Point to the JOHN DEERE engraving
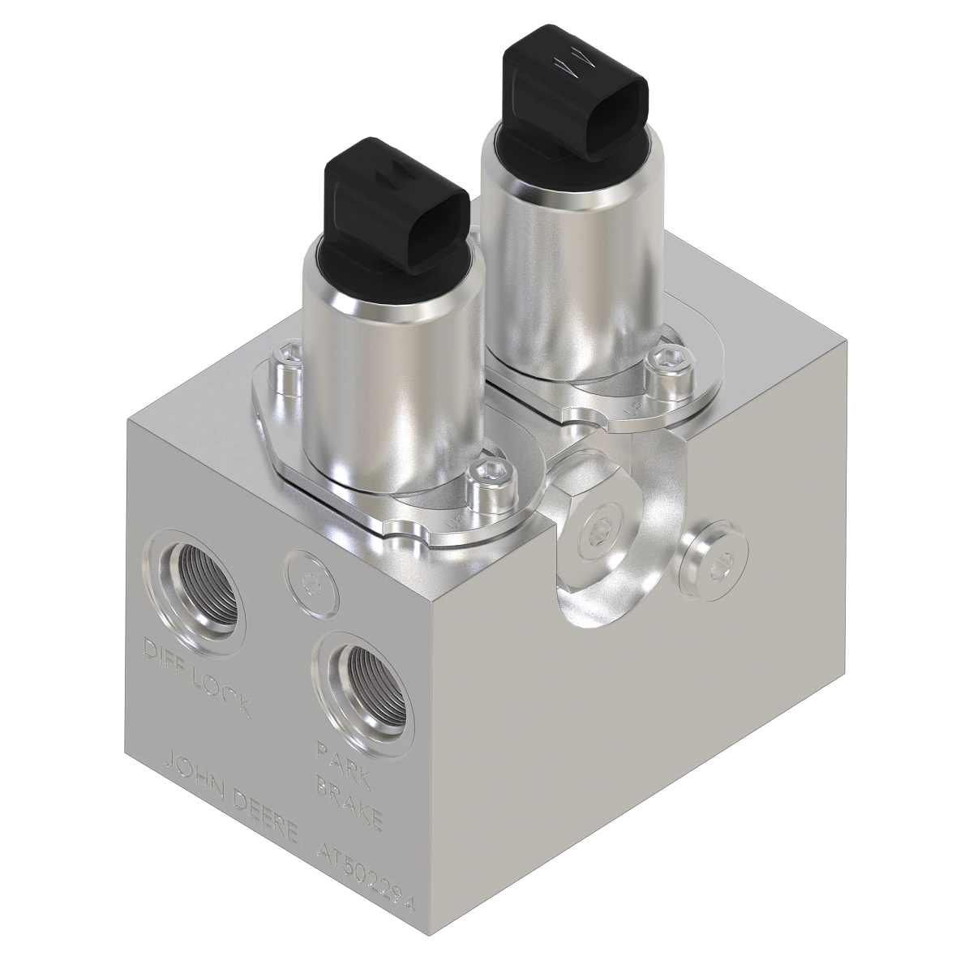click(231, 796)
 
